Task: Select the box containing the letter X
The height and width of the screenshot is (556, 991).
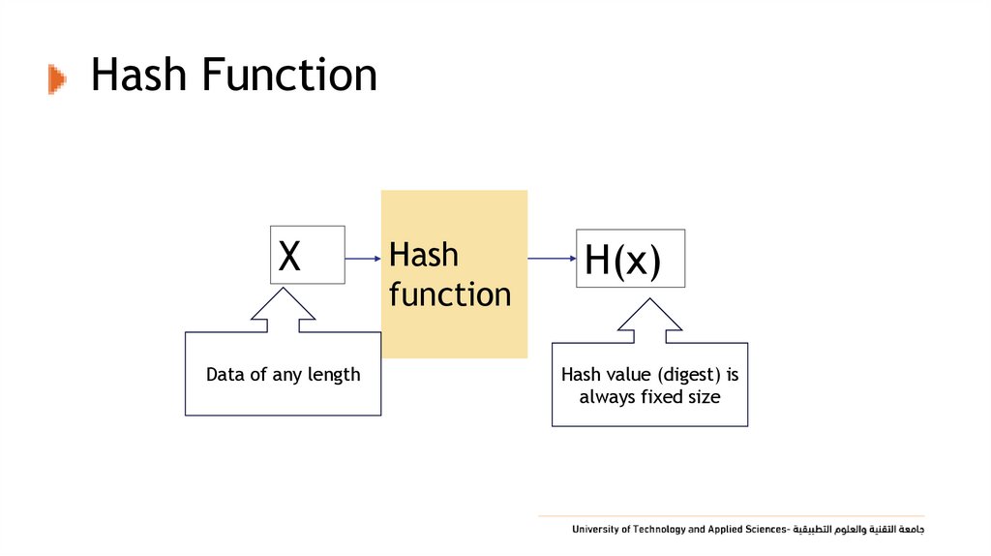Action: [x=308, y=255]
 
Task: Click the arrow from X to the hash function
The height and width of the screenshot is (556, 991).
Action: [x=363, y=259]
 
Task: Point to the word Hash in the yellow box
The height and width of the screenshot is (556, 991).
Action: [x=424, y=256]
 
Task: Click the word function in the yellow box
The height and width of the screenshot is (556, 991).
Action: [x=450, y=294]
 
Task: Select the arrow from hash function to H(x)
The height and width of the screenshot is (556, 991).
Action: [x=552, y=259]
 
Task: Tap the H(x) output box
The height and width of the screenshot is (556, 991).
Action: [x=630, y=259]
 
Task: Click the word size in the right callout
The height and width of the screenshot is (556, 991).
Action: [x=703, y=397]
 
